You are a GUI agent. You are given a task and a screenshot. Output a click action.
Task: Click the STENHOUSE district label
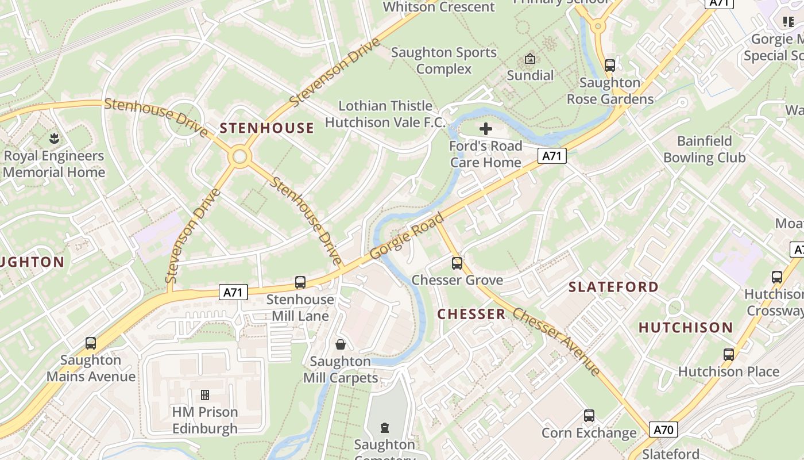pos(267,128)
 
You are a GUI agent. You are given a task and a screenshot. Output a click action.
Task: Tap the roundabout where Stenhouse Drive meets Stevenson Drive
pos(239,156)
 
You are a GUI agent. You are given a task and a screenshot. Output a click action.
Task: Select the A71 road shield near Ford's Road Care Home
pos(552,156)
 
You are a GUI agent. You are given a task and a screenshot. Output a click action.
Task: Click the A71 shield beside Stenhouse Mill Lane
pos(233,292)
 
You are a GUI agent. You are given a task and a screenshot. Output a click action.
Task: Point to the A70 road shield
pos(663,430)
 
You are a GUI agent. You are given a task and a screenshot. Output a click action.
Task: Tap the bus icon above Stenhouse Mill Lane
pos(300,282)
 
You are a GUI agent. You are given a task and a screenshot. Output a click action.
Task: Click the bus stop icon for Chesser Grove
pos(457,263)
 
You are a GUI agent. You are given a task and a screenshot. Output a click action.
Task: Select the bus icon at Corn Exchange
pos(589,416)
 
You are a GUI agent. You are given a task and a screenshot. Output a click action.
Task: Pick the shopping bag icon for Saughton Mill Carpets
pos(341,344)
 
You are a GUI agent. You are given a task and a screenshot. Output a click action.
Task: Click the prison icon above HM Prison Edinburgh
pos(205,395)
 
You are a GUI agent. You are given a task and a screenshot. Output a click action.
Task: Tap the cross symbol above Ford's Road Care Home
pos(486,129)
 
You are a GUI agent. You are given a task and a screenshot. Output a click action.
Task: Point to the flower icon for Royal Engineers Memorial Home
pos(54,139)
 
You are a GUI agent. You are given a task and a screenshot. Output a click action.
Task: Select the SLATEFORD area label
pos(613,286)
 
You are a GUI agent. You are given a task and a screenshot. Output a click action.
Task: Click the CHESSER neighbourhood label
pos(471,314)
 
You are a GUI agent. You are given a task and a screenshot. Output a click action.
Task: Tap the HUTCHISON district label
pos(686,328)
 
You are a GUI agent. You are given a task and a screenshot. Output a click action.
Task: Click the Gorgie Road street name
pos(407,236)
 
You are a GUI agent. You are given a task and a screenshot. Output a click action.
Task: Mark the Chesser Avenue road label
pos(556,342)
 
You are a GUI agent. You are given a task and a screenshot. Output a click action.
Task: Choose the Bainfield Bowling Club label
pos(705,149)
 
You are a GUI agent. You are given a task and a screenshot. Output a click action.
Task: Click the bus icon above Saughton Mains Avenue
pos(91,343)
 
